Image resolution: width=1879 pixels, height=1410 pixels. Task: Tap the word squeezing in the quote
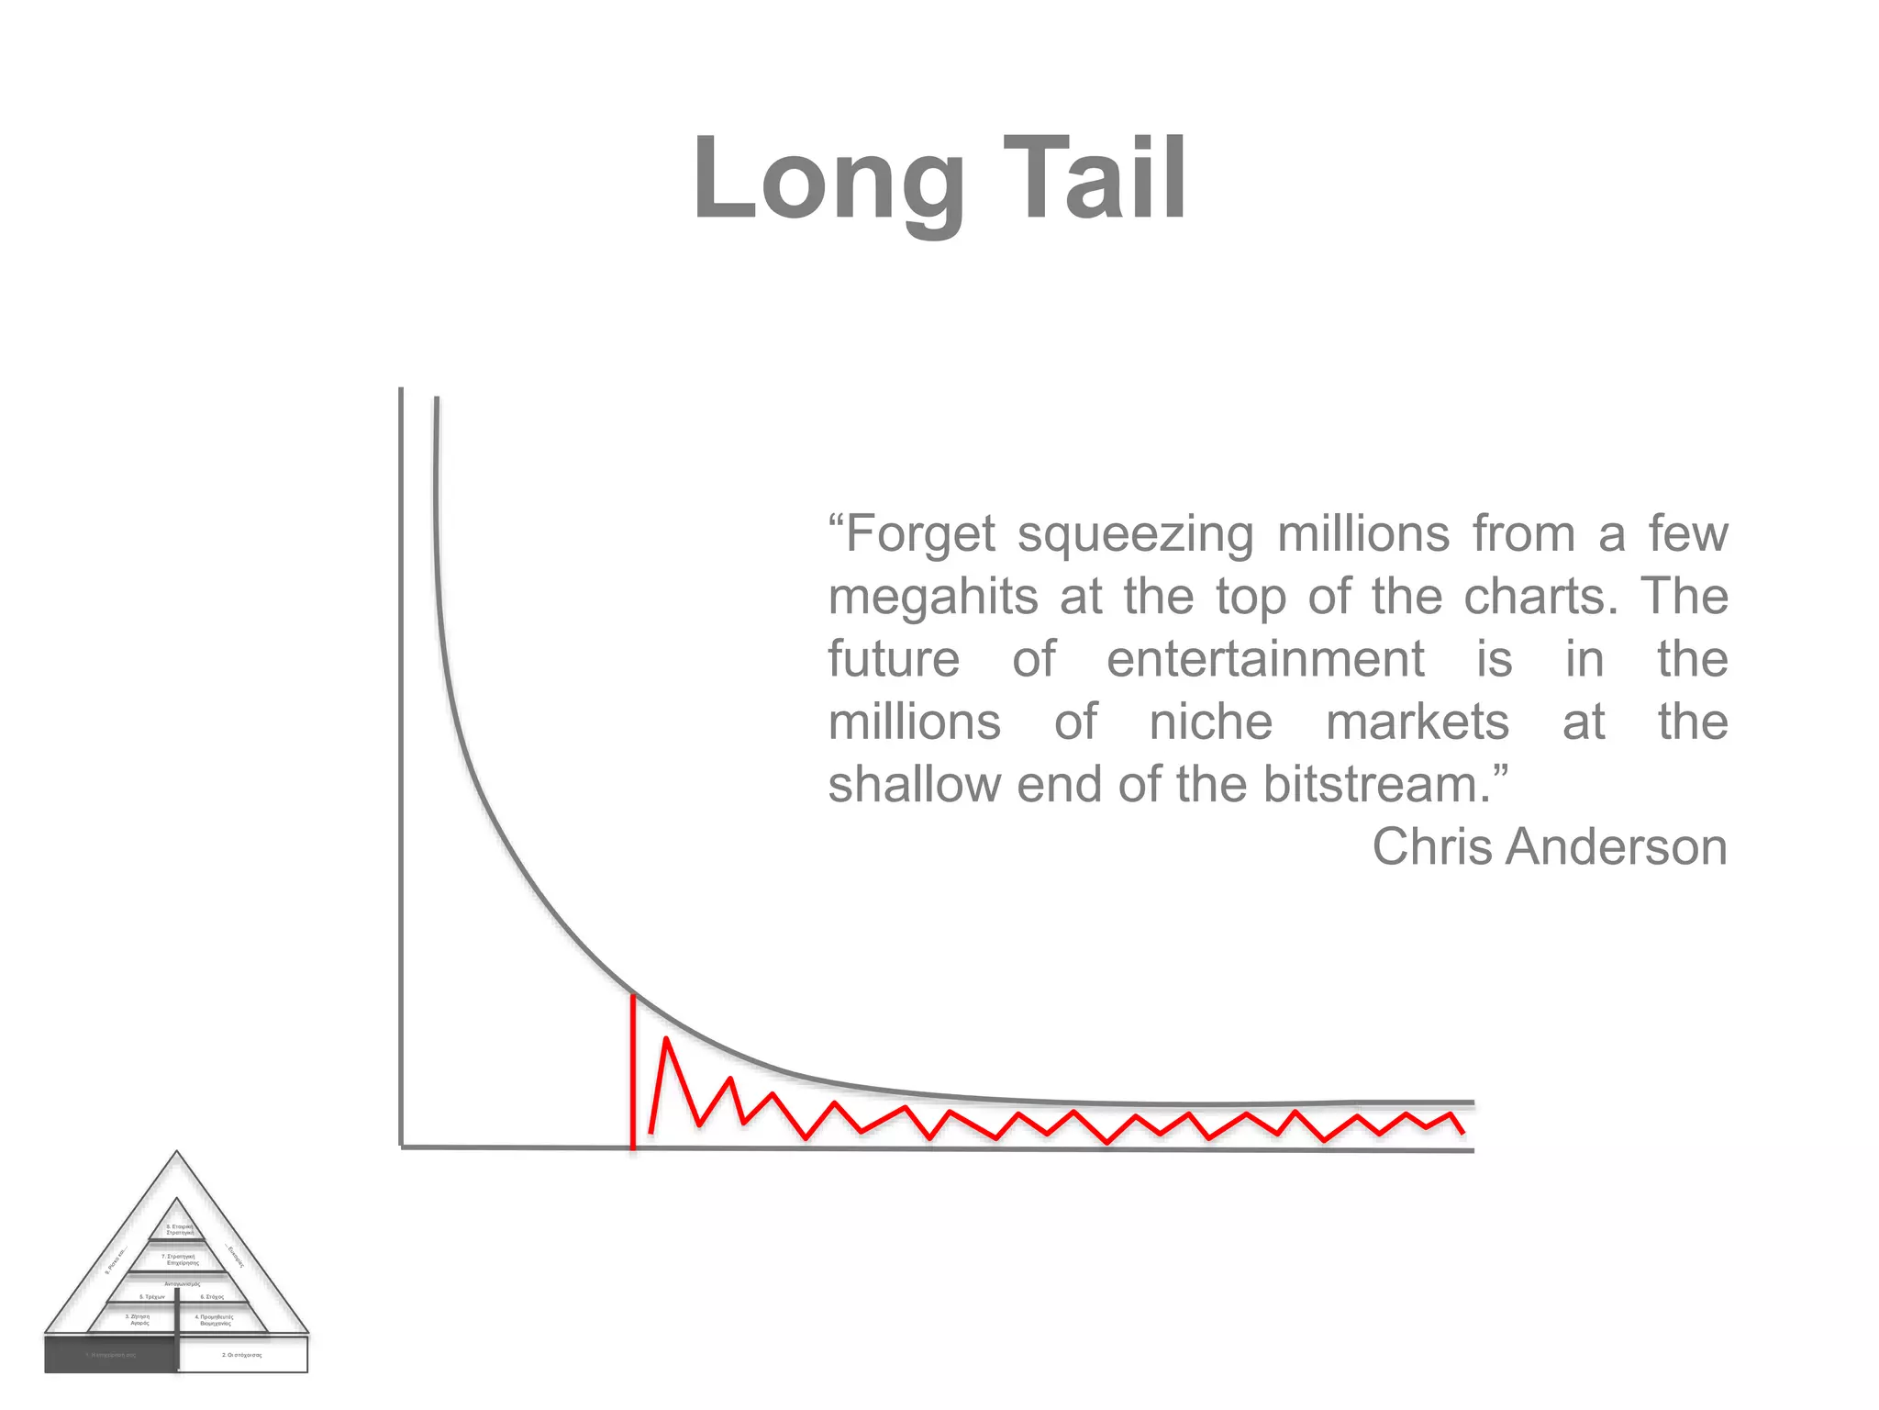(1135, 535)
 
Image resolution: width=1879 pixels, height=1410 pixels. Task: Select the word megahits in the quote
(933, 598)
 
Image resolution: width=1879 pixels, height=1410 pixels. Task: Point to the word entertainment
(1265, 659)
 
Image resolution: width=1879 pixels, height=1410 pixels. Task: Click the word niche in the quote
(1211, 722)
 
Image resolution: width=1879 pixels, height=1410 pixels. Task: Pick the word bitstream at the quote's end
(1376, 785)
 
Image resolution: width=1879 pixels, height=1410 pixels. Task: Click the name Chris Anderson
(1549, 846)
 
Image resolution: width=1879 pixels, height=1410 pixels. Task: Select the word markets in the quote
(1418, 722)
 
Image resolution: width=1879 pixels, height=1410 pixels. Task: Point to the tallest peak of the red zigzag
(666, 1040)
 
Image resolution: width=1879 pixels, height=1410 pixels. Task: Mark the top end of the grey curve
(437, 400)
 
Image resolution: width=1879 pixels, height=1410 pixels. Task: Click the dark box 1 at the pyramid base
(110, 1355)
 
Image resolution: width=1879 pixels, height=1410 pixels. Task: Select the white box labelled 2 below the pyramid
(242, 1355)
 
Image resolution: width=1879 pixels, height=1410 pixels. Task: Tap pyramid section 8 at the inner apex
(179, 1228)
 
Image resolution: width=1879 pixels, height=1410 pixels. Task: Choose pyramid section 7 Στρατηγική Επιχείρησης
(178, 1259)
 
